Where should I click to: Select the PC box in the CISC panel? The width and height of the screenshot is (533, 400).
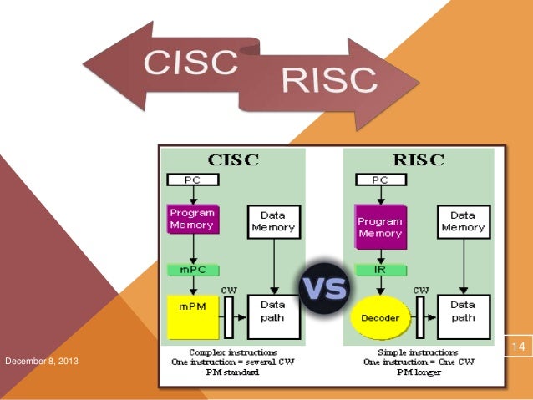[193, 180]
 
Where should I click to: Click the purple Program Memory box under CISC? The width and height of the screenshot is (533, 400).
[192, 219]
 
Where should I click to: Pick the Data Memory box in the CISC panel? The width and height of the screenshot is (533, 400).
[272, 221]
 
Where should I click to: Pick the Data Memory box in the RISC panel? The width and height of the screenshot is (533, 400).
[463, 221]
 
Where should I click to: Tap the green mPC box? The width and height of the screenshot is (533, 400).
[193, 270]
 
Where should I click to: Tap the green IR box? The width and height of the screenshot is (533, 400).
[380, 270]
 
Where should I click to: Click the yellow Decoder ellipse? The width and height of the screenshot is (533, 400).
[380, 318]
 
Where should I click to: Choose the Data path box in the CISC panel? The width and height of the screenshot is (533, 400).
[272, 311]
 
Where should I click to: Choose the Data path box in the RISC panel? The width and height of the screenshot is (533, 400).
[463, 311]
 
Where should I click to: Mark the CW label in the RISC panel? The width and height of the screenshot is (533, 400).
[421, 291]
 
